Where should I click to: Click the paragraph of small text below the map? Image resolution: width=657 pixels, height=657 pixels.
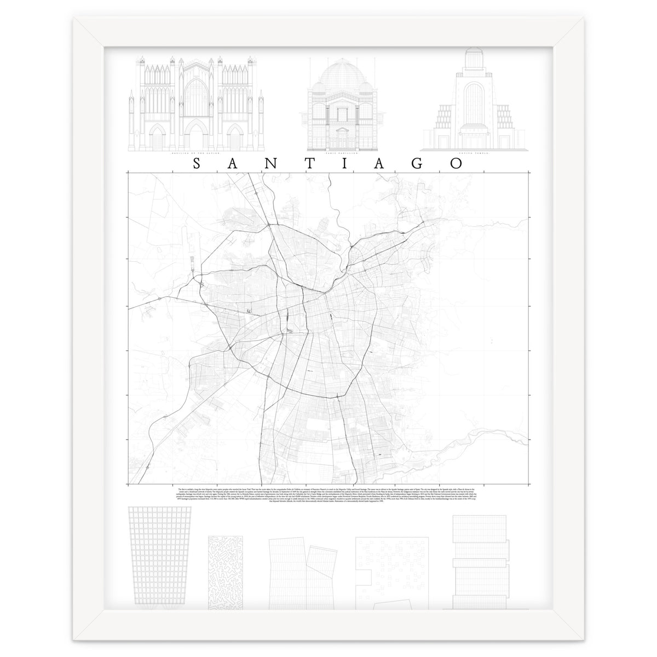coord(328,498)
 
